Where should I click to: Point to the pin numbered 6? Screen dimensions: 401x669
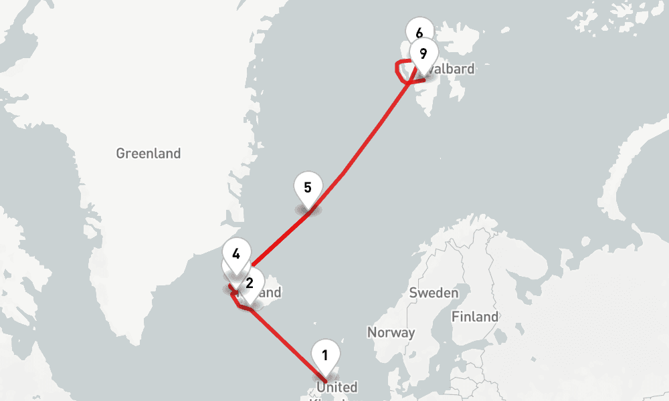(419, 33)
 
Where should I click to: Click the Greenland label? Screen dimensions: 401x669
(148, 154)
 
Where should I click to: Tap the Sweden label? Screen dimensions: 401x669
(434, 293)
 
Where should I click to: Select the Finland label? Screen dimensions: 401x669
(474, 317)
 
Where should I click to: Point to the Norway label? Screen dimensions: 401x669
(391, 332)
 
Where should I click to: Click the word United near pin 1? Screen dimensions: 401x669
(337, 388)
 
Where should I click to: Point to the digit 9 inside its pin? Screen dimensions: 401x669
(423, 53)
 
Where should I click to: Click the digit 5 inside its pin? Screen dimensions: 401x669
(308, 187)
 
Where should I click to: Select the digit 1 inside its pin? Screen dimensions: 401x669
(325, 355)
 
